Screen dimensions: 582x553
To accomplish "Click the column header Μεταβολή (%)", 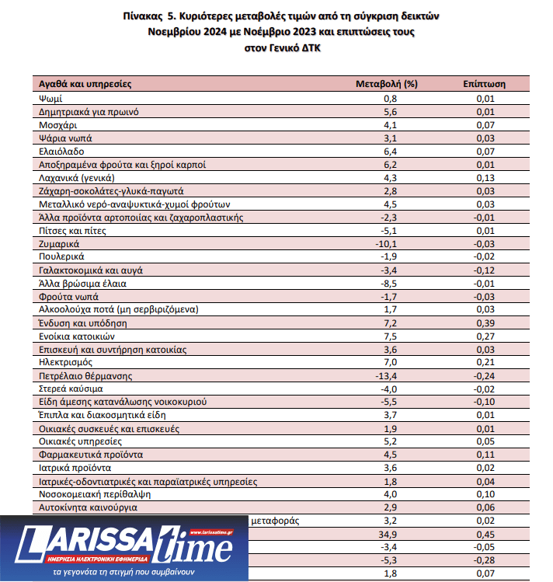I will (386, 83).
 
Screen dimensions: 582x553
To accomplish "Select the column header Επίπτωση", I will (484, 83).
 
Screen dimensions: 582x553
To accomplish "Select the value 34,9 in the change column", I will (390, 535).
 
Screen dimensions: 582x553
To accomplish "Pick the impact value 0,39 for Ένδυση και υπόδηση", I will (485, 322).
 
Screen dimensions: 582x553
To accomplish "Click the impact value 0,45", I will (485, 535).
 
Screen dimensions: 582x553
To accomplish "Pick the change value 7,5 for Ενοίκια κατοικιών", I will (390, 336).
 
